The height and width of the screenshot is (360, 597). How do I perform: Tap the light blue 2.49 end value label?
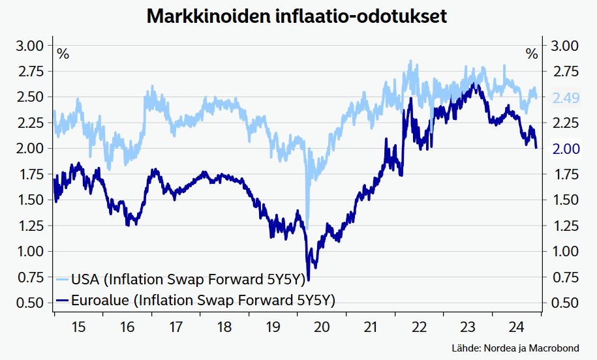[x=566, y=98]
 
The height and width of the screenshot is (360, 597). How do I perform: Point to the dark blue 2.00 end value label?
[x=566, y=149]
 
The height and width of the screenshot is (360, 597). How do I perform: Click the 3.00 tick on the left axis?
[x=29, y=46]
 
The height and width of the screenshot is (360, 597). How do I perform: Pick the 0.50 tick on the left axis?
[x=29, y=303]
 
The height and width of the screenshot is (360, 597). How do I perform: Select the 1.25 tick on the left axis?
[x=29, y=226]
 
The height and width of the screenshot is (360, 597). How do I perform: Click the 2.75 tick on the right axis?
[x=566, y=72]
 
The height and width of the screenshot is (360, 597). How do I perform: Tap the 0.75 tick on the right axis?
[x=566, y=277]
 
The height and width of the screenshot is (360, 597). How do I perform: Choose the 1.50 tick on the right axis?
[x=566, y=200]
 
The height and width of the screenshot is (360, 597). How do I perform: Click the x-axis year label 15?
[x=78, y=326]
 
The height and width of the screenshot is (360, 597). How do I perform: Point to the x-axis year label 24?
[x=517, y=326]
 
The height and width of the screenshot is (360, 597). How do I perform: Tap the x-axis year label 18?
[x=224, y=326]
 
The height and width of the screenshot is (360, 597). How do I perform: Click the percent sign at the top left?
[x=63, y=54]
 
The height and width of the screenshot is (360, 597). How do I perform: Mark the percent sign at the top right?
[x=532, y=54]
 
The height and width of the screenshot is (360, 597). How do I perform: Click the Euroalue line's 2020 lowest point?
[x=308, y=280]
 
